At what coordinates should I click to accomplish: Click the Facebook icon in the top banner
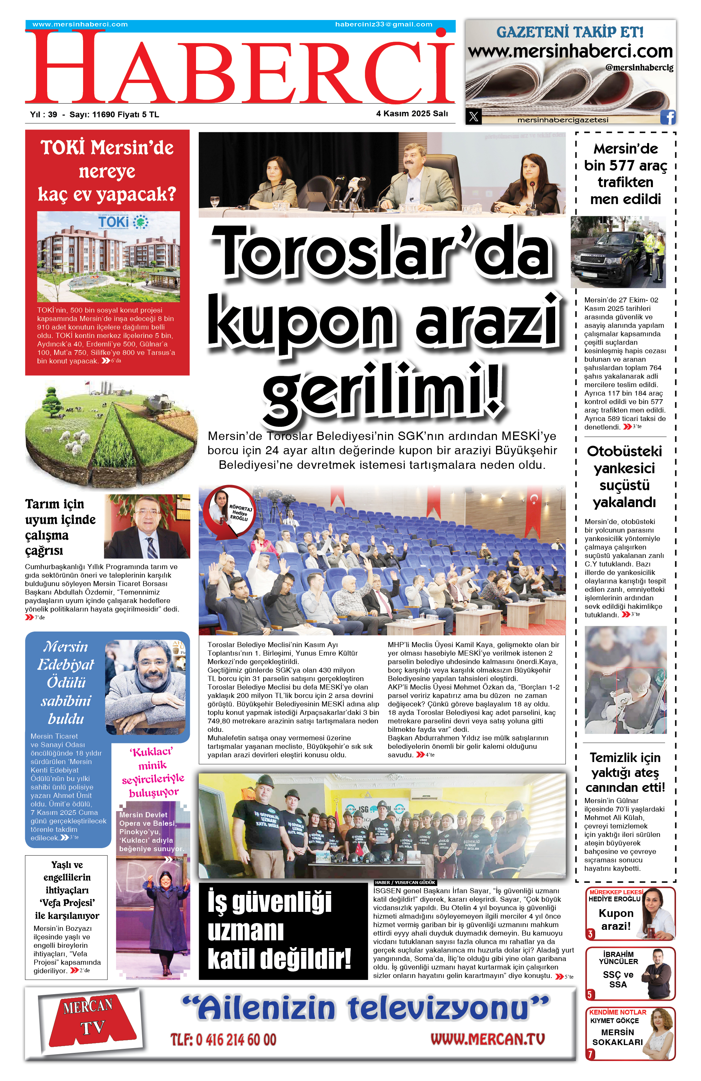tap(667, 117)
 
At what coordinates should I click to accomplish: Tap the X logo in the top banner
tap(473, 117)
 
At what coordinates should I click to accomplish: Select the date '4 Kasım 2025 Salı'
tap(412, 114)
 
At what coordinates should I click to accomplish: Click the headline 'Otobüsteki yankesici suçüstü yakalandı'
tap(624, 477)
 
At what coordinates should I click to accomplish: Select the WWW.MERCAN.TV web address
tap(487, 1039)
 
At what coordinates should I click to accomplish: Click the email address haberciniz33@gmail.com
tap(384, 24)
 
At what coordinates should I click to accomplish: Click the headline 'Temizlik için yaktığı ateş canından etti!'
tap(625, 773)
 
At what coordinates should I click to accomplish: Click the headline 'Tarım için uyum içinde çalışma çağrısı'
tap(60, 527)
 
